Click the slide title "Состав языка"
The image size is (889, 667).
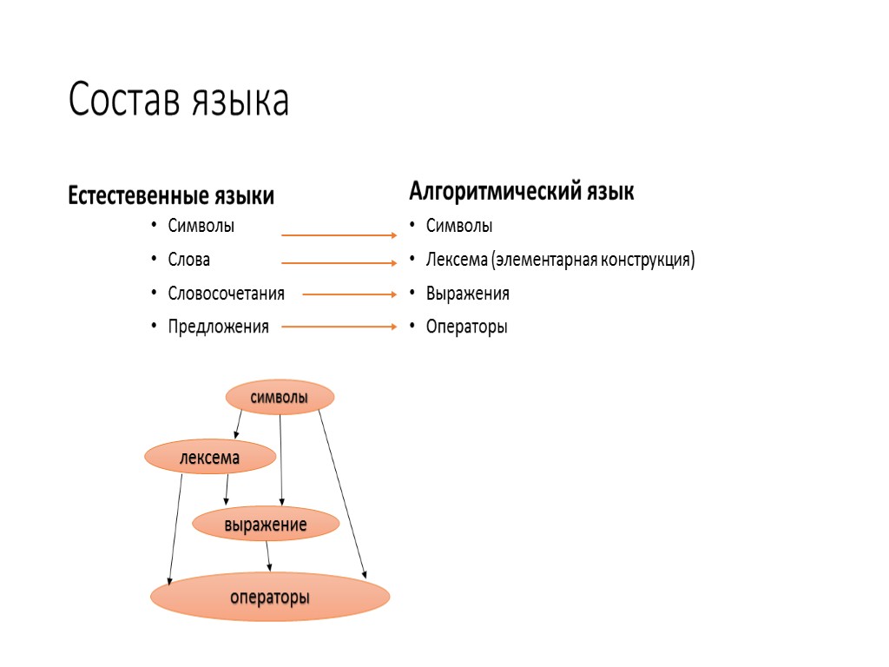[178, 102]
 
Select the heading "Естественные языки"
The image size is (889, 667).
[171, 196]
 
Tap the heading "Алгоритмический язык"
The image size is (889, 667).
[521, 191]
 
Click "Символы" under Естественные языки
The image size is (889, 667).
[201, 226]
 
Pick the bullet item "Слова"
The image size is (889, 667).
[189, 260]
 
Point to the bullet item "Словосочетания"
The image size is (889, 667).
[226, 294]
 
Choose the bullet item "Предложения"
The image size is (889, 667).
[218, 327]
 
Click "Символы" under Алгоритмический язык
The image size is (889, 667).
[458, 226]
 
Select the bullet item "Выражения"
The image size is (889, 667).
[467, 294]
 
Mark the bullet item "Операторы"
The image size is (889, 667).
[466, 327]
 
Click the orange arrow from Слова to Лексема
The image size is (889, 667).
[339, 262]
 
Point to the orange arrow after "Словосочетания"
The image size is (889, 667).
[350, 294]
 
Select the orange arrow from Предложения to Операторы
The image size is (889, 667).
[339, 327]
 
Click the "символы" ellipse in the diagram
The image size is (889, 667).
[280, 398]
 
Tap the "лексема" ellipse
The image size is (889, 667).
[209, 456]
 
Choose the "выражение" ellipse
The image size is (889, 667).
[265, 524]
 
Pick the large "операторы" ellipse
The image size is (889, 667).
[270, 597]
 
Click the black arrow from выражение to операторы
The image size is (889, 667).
[269, 556]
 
